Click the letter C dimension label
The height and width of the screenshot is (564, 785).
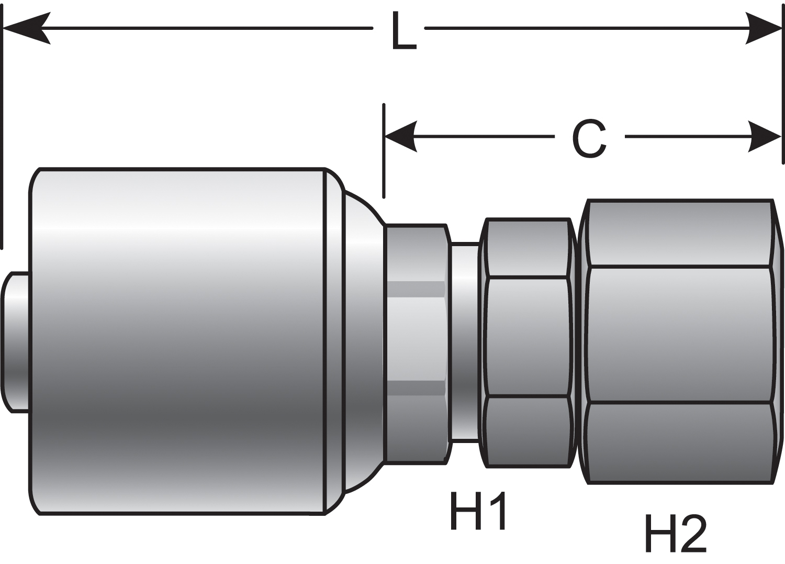pyautogui.click(x=589, y=138)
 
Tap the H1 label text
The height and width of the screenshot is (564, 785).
pyautogui.click(x=477, y=511)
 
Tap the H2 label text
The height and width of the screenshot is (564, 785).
pyautogui.click(x=676, y=533)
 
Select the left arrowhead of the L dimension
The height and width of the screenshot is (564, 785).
pyautogui.click(x=26, y=28)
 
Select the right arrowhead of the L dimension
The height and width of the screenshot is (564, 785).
pyautogui.click(x=764, y=28)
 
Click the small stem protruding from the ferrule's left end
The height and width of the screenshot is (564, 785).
pyautogui.click(x=16, y=342)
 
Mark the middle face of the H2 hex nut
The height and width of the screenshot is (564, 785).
pyautogui.click(x=679, y=335)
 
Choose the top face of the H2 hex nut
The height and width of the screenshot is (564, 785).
pyautogui.click(x=679, y=234)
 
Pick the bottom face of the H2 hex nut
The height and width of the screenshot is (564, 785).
pyautogui.click(x=679, y=443)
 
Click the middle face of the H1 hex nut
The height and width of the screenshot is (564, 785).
pyautogui.click(x=528, y=337)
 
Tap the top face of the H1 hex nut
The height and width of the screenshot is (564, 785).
pyautogui.click(x=528, y=248)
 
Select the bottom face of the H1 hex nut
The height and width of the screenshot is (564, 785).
pyautogui.click(x=528, y=431)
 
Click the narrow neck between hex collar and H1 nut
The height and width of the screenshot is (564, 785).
pyautogui.click(x=465, y=342)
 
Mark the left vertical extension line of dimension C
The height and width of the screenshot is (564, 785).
pyautogui.click(x=384, y=152)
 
